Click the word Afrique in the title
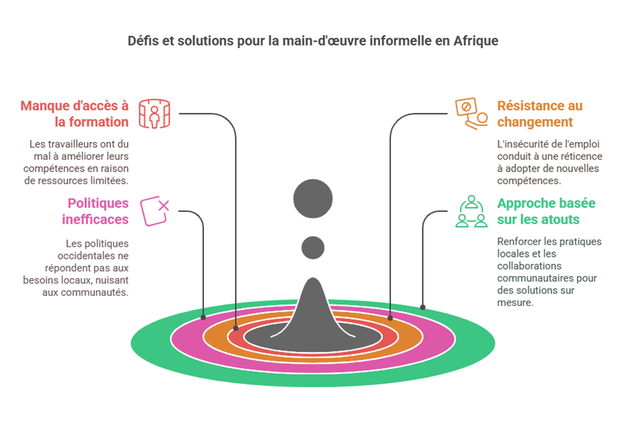(x=476, y=41)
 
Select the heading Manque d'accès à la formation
(x=74, y=113)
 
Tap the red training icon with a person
(x=154, y=114)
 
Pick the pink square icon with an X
(x=155, y=210)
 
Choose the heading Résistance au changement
(x=540, y=113)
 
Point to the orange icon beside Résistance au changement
(x=471, y=113)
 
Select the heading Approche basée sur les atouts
(x=537, y=210)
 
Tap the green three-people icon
(x=471, y=210)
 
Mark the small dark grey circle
(x=313, y=248)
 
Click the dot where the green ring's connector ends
(x=423, y=307)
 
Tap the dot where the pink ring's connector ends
(x=203, y=316)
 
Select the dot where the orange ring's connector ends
(x=390, y=317)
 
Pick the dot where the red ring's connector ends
(x=236, y=327)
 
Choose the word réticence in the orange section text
(x=579, y=156)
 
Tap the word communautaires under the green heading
(x=541, y=278)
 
